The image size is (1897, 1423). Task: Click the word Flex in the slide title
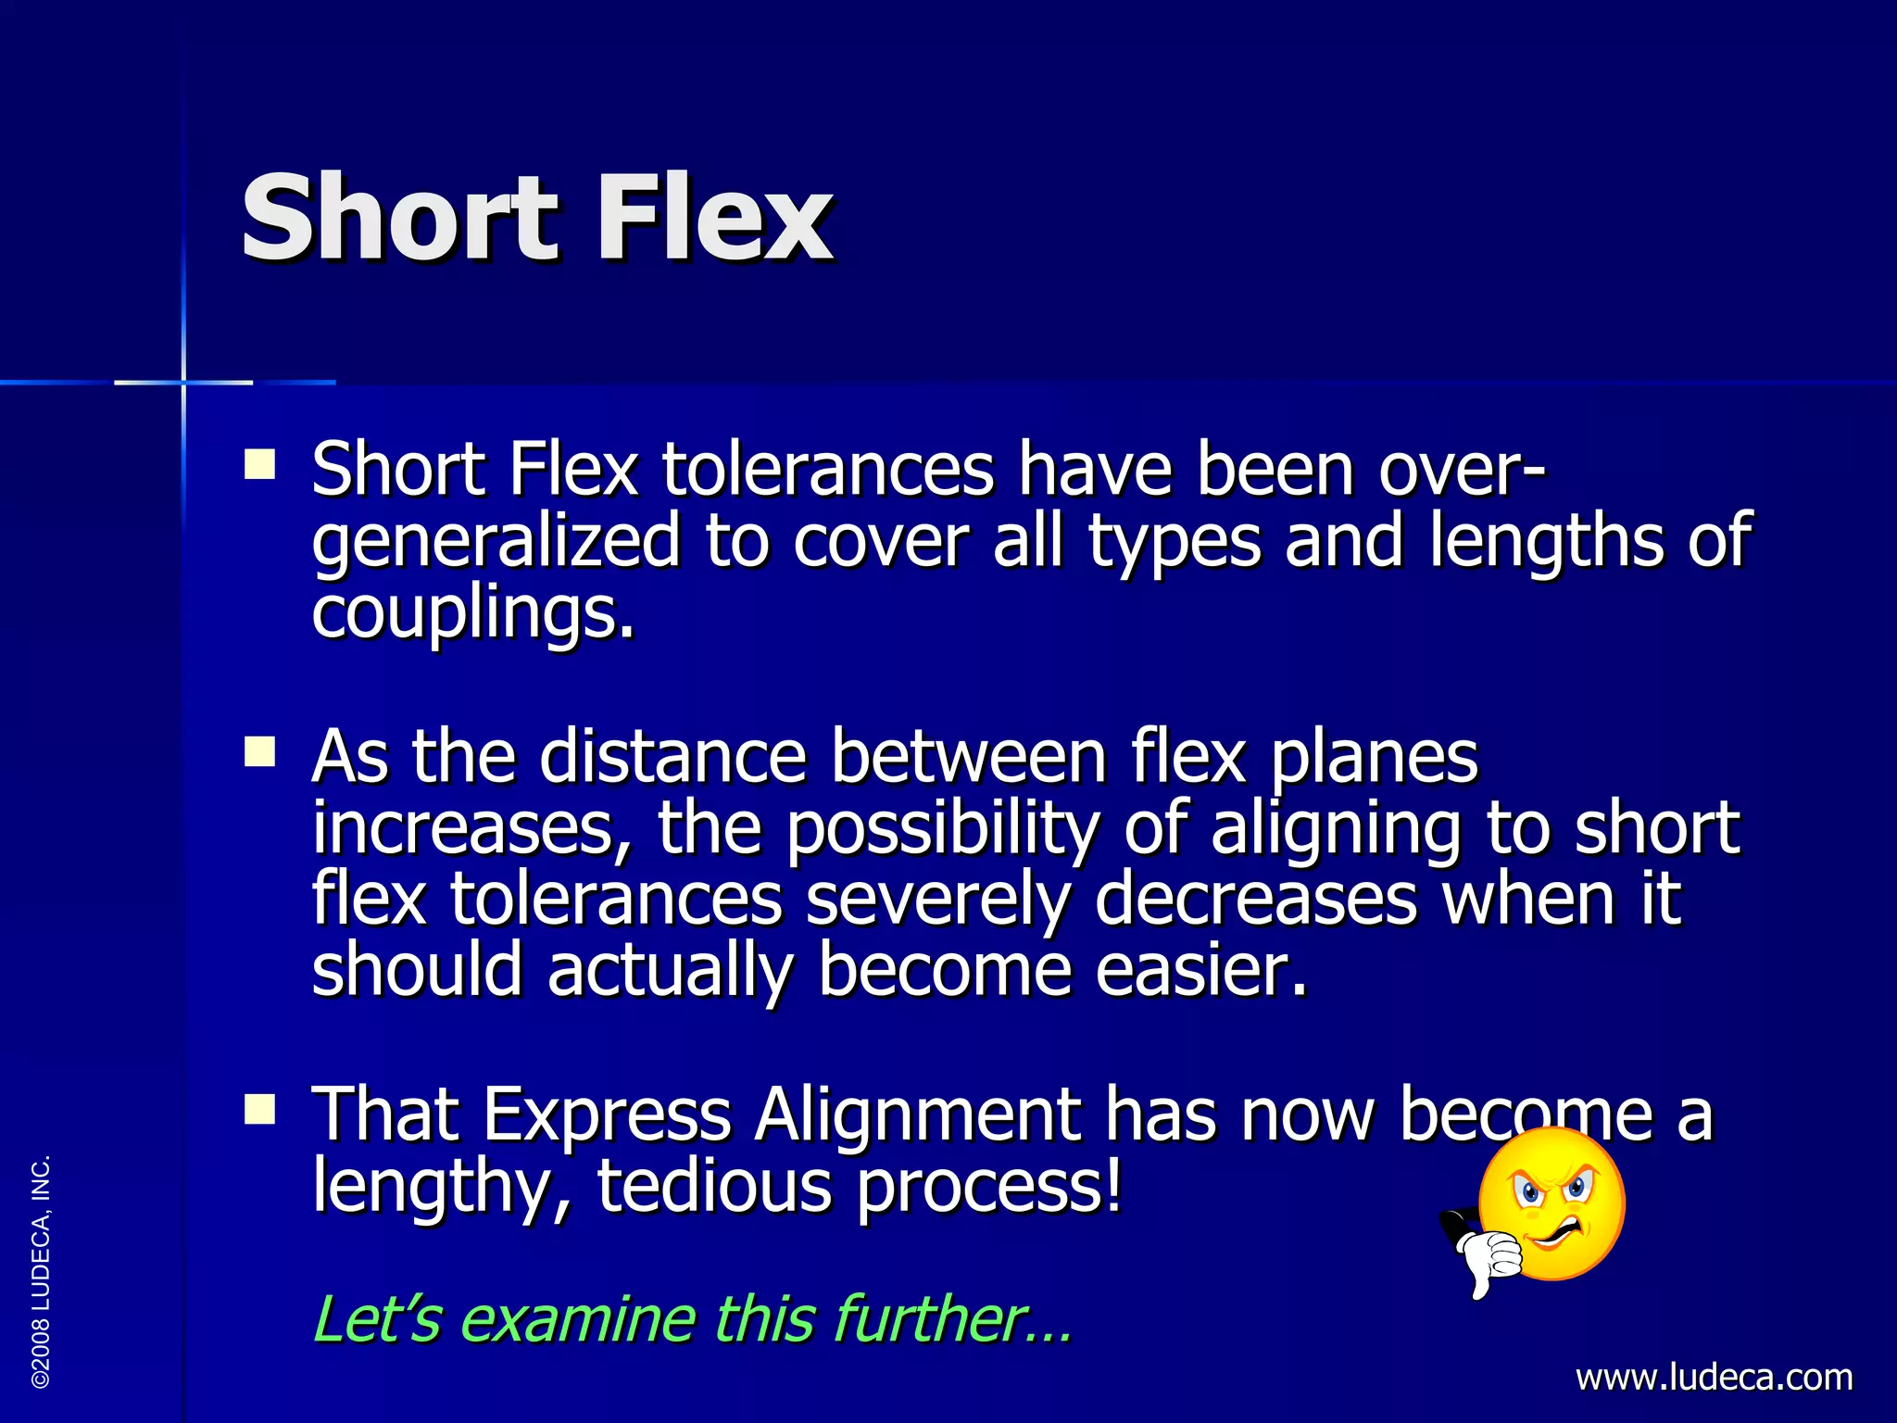tap(714, 220)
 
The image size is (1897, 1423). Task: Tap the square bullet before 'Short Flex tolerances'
tap(260, 463)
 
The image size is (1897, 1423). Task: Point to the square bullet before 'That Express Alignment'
tap(260, 1108)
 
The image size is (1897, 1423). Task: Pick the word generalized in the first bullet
tap(496, 542)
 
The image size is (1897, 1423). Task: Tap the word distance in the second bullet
tap(673, 757)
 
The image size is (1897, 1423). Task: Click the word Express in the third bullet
tap(607, 1114)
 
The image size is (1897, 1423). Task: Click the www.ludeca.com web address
tap(1714, 1378)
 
